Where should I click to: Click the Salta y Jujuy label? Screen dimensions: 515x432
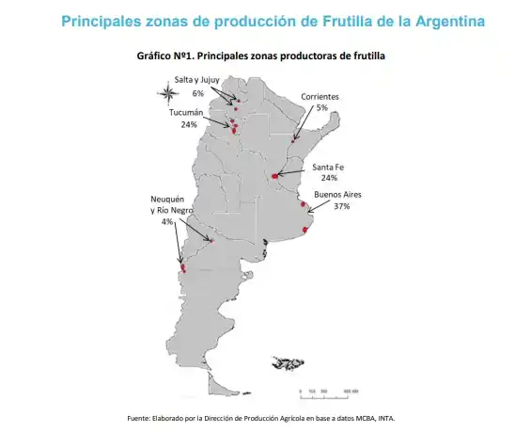[x=197, y=81]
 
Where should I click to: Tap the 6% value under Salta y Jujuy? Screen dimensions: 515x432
[x=197, y=93]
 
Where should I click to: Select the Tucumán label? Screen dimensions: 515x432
[x=186, y=113]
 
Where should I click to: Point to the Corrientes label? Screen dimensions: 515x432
[x=320, y=97]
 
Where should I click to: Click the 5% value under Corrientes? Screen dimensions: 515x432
[x=321, y=108]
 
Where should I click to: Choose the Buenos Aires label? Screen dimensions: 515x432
[x=338, y=194]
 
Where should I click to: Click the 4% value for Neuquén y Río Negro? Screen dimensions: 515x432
[x=167, y=222]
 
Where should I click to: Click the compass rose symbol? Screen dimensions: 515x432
[x=166, y=92]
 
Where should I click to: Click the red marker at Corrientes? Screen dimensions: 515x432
[x=293, y=140]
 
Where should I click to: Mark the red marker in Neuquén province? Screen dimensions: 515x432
[x=184, y=267]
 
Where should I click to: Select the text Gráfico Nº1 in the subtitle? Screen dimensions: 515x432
[x=164, y=56]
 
